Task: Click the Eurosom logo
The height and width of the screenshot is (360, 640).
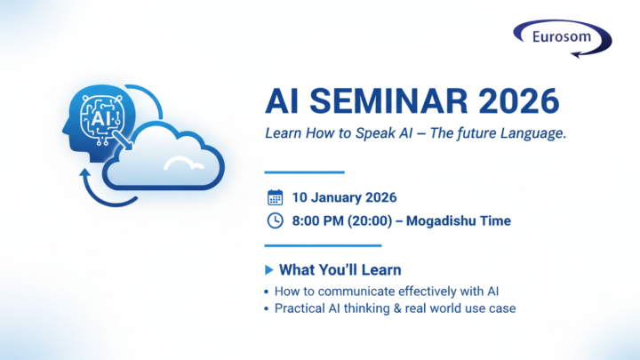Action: [563, 38]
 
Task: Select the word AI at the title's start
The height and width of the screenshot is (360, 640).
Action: [283, 101]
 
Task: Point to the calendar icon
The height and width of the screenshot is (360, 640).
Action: [276, 197]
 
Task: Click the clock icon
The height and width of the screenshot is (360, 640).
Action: [276, 220]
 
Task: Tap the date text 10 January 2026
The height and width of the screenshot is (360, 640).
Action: [343, 197]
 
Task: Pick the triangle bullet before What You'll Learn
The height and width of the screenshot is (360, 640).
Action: [269, 269]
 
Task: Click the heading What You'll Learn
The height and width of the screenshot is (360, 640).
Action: [340, 269]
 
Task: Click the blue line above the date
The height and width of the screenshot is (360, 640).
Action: [305, 172]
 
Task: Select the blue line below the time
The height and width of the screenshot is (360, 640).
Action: [324, 245]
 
